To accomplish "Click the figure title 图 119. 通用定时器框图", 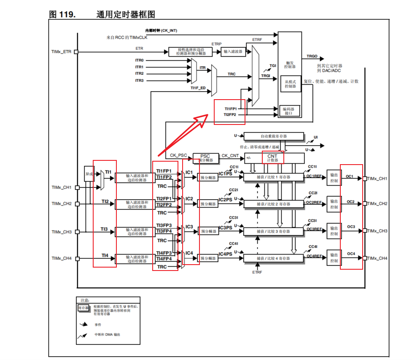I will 102,14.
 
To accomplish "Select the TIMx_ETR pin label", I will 61,52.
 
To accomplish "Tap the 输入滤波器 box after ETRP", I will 233,51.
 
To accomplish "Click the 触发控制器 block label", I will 290,64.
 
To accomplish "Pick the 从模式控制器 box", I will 290,84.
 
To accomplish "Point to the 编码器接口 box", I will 290,111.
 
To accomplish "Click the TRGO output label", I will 312,56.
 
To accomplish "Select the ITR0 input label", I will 139,60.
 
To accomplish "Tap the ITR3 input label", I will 139,80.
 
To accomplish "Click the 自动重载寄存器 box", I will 274,136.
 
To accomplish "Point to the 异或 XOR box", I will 89,173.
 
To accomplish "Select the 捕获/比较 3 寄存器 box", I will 274,231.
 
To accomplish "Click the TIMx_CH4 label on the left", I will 62,258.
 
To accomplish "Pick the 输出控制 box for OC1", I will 334,178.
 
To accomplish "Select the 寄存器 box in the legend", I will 82,309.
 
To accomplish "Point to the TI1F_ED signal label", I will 198,88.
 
